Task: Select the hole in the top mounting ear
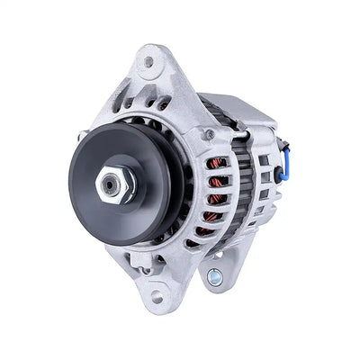click(148, 62)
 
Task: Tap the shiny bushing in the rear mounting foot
click(214, 277)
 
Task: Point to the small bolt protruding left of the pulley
click(82, 136)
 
